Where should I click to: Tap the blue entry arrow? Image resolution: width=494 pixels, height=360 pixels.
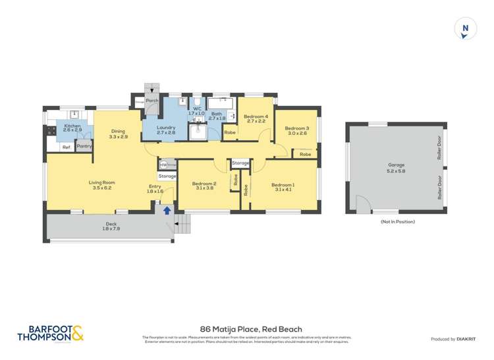(x=167, y=210)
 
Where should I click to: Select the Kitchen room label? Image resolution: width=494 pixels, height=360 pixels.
(x=72, y=128)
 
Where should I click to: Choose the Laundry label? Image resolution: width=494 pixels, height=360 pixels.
(x=166, y=130)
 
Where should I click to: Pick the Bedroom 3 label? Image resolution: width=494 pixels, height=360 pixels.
(x=297, y=130)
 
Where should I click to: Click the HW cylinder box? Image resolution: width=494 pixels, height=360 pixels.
(x=163, y=165)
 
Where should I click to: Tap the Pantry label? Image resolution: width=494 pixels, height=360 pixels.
(x=84, y=146)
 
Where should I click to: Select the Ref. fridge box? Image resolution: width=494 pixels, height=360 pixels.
(x=66, y=147)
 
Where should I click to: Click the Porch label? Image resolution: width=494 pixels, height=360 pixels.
(x=151, y=101)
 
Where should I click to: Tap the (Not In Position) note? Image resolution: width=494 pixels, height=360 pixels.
(x=397, y=222)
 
